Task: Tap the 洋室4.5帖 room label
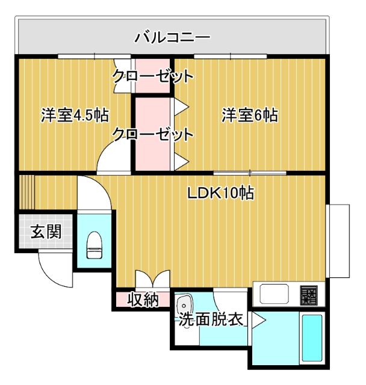(x=75, y=115)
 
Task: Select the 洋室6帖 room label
(x=249, y=115)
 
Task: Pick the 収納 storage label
(x=143, y=299)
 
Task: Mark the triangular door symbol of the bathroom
(x=258, y=320)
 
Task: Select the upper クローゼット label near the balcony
(x=153, y=76)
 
